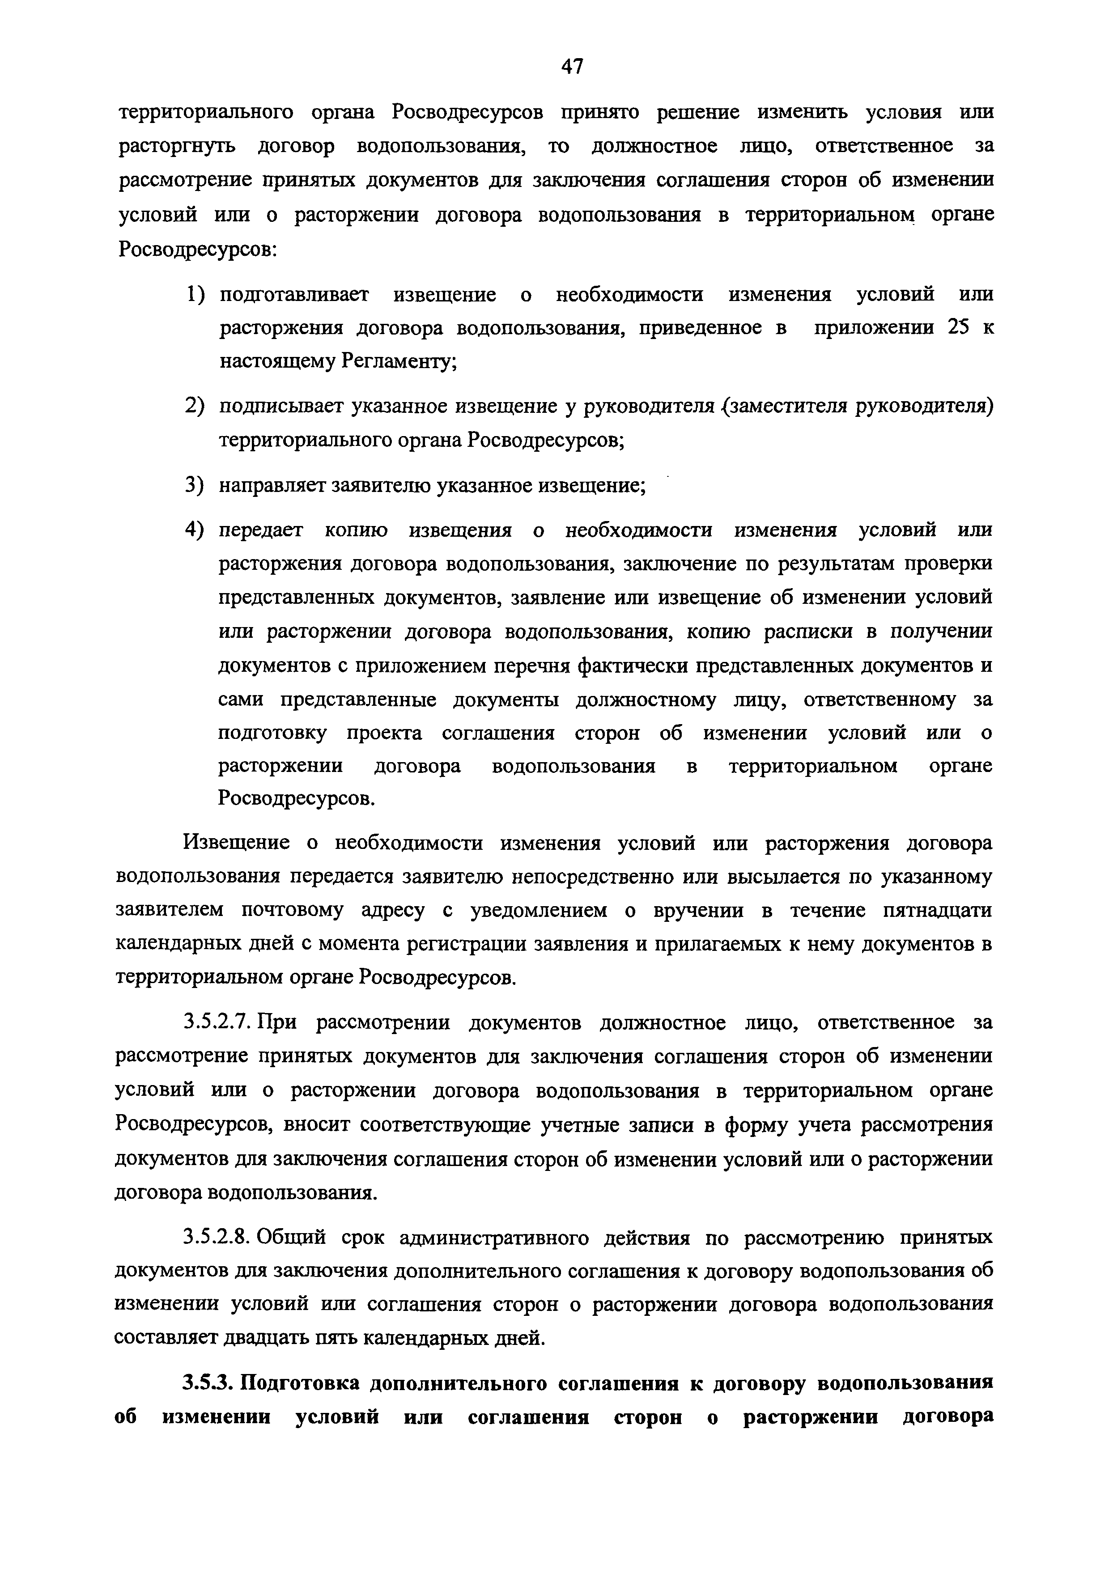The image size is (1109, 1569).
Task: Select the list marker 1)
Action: coord(195,295)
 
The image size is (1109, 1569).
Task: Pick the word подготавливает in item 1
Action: coord(294,295)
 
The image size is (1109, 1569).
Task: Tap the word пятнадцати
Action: coord(937,911)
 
